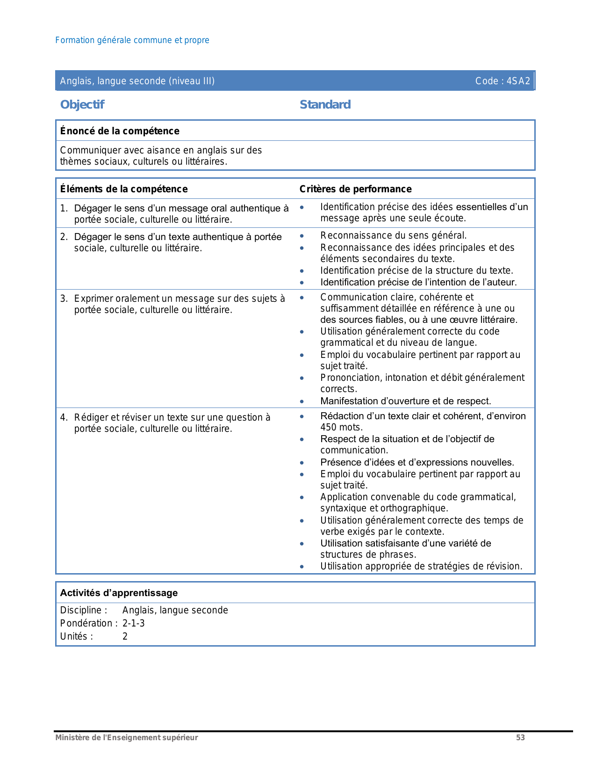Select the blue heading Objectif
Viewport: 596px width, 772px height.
pyautogui.click(x=82, y=104)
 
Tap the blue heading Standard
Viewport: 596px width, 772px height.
pyautogui.click(x=325, y=104)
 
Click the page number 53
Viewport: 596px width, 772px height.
pyautogui.click(x=520, y=738)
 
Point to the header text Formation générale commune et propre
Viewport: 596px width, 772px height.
pyautogui.click(x=132, y=40)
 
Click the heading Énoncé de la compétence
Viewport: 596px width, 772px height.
pyautogui.click(x=120, y=131)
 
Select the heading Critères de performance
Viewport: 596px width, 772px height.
pyautogui.click(x=355, y=189)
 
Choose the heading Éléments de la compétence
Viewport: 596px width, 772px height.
pyautogui.click(x=124, y=189)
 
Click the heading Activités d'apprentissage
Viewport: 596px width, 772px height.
pyautogui.click(x=119, y=593)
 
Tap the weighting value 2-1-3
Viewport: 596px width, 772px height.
pyautogui.click(x=133, y=623)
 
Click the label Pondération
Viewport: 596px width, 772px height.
pyautogui.click(x=87, y=623)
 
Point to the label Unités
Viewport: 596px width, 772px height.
pyautogui.click(x=76, y=636)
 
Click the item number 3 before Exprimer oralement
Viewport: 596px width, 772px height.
pyautogui.click(x=63, y=299)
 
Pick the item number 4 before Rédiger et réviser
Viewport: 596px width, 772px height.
pyautogui.click(x=63, y=417)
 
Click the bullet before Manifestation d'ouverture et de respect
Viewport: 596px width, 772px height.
pyautogui.click(x=302, y=401)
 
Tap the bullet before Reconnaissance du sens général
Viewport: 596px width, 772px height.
pyautogui.click(x=302, y=236)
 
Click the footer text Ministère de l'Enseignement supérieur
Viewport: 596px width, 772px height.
pyautogui.click(x=127, y=738)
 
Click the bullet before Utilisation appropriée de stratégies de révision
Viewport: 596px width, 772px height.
pyautogui.click(x=302, y=567)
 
